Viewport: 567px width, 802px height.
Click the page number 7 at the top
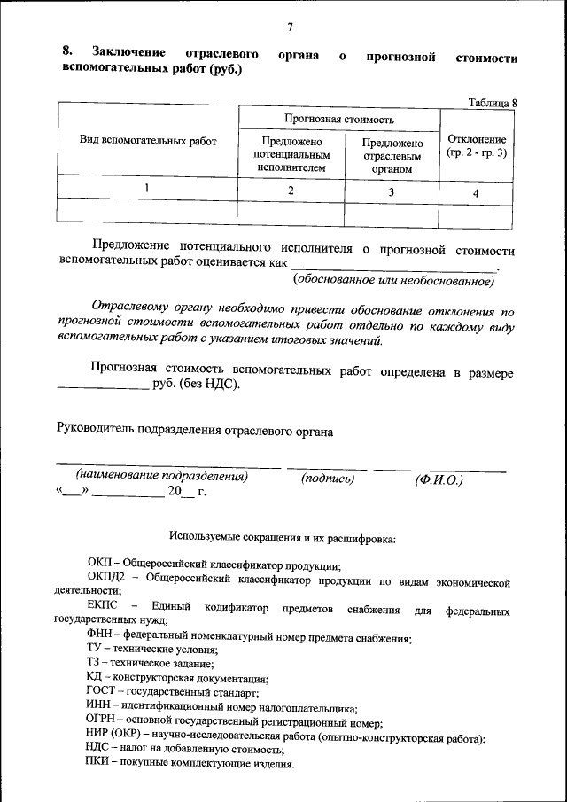click(x=289, y=27)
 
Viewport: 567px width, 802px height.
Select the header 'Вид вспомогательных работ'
click(x=148, y=140)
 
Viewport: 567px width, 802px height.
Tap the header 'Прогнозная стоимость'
click(x=339, y=119)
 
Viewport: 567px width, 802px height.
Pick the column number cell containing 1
click(x=146, y=188)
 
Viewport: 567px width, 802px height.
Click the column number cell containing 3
click(x=391, y=191)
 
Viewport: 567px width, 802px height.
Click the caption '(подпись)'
click(x=327, y=478)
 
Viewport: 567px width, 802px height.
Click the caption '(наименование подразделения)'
click(x=161, y=476)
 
